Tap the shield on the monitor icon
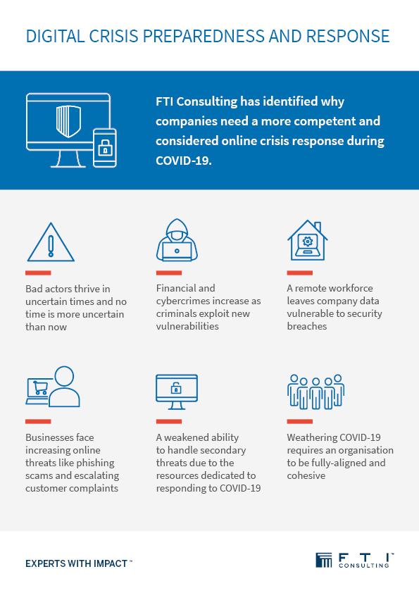(x=68, y=120)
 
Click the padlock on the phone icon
(x=105, y=149)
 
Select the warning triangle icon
(x=51, y=242)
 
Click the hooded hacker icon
(x=177, y=240)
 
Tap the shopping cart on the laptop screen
(x=40, y=387)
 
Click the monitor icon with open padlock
(x=177, y=392)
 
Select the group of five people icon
(x=315, y=392)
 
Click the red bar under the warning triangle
(x=38, y=273)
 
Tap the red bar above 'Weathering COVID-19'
(x=300, y=421)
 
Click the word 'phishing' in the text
(x=96, y=463)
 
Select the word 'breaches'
(x=307, y=326)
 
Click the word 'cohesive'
(x=306, y=475)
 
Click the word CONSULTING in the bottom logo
(x=364, y=566)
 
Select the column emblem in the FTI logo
(x=324, y=560)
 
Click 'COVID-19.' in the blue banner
(x=184, y=161)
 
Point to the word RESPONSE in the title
(x=348, y=37)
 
